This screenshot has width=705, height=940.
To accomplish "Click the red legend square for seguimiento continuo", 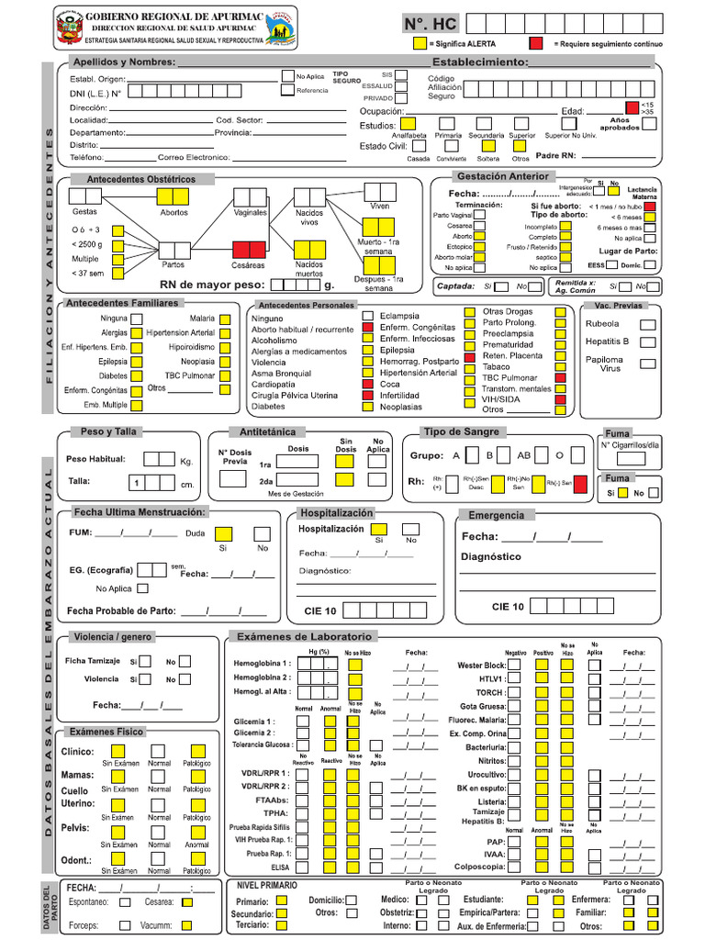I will (535, 43).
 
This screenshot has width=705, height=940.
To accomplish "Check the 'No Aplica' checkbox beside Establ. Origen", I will (287, 76).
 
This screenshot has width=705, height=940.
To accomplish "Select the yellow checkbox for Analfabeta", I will (410, 123).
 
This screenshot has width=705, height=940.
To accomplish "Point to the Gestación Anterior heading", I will (502, 176).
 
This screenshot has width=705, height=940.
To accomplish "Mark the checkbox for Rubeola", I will (647, 324).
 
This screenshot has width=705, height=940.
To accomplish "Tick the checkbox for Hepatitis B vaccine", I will (647, 341).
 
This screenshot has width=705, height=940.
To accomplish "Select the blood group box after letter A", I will (471, 454).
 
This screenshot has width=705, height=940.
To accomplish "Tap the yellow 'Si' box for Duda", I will (222, 533).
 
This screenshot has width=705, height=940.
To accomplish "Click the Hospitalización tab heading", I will (337, 513).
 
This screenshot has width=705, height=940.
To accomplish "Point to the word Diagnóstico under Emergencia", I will (490, 557).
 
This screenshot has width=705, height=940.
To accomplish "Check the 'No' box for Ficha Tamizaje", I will (185, 661).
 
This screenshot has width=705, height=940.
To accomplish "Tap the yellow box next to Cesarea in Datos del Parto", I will (187, 902).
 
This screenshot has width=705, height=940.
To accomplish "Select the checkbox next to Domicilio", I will (352, 901).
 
